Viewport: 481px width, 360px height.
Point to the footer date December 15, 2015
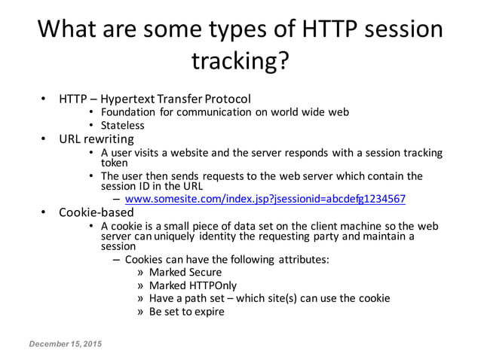coord(66,343)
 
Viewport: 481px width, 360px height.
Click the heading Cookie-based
coord(102,212)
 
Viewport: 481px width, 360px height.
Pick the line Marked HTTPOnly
coord(189,285)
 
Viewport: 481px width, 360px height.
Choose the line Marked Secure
coord(185,272)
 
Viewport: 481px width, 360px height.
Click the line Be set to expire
coord(186,311)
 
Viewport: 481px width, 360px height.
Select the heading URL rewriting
coord(97,139)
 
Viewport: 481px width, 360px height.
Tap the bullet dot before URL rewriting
coord(44,139)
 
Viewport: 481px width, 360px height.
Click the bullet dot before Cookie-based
coord(44,212)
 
